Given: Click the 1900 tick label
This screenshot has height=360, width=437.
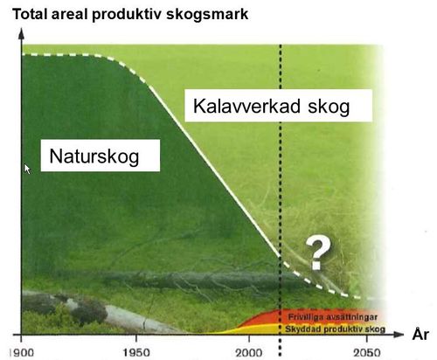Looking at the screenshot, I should [x=12, y=350].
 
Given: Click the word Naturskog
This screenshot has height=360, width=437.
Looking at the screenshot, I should [x=93, y=158].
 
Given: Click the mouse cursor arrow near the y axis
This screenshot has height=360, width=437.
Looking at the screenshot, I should [x=28, y=169].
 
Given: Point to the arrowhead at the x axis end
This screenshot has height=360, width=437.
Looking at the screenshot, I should [x=400, y=334].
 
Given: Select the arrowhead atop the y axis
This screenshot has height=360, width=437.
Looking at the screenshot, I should [x=20, y=31].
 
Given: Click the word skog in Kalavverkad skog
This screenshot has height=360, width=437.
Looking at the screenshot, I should [x=329, y=108].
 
